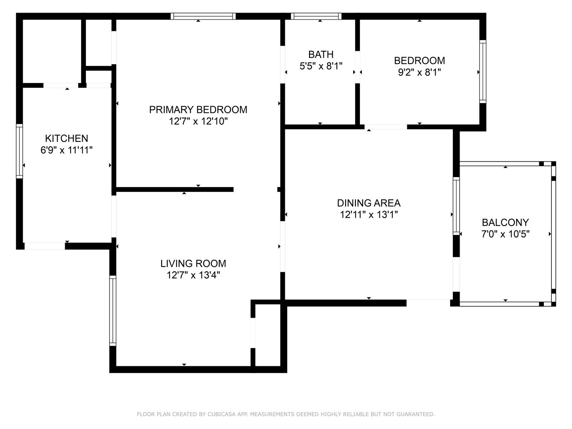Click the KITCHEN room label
[66, 138]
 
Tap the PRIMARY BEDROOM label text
[198, 110]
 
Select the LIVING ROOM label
[193, 263]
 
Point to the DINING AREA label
[369, 203]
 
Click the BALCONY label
[505, 222]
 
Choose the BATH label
[321, 54]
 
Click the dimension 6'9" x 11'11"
[66, 150]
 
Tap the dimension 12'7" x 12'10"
[198, 122]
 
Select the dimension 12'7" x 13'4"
[193, 275]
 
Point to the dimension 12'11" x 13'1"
[369, 214]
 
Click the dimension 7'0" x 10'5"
[505, 234]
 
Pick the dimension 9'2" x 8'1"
[419, 72]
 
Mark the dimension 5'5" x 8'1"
[321, 66]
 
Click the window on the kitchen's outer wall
[19, 151]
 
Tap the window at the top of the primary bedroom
[203, 16]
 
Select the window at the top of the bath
[316, 16]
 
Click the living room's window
[112, 311]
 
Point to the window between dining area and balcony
[456, 206]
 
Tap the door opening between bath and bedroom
[357, 67]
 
